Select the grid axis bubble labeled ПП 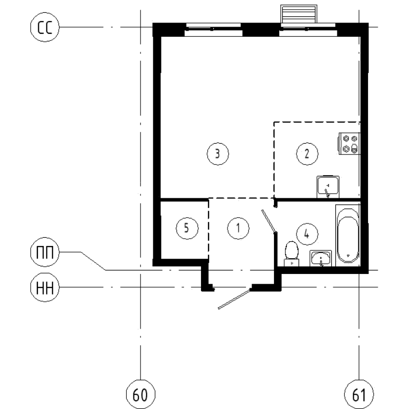pyautogui.click(x=45, y=252)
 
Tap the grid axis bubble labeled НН pyautogui.click(x=45, y=287)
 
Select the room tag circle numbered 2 pyautogui.click(x=307, y=153)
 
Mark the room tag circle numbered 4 pyautogui.click(x=306, y=234)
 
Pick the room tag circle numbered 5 pyautogui.click(x=187, y=229)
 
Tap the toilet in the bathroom pyautogui.click(x=291, y=253)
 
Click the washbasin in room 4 pyautogui.click(x=321, y=258)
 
